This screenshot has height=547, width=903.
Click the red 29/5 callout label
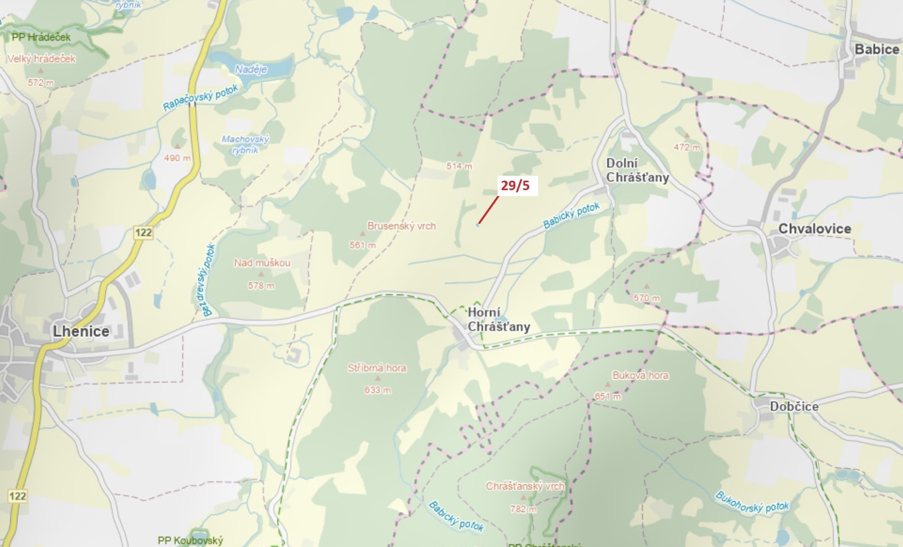(x=515, y=186)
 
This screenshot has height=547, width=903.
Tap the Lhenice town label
(x=81, y=331)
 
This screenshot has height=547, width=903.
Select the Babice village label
(x=877, y=49)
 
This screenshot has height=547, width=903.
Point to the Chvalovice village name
(x=815, y=229)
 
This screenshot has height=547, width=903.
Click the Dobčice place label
(x=794, y=406)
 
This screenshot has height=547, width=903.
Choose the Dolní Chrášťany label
(x=637, y=170)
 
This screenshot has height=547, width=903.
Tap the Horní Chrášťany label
(x=498, y=320)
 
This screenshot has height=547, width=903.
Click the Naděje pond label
(x=251, y=69)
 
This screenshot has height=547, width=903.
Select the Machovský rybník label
(x=245, y=145)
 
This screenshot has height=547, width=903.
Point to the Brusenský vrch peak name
(x=402, y=226)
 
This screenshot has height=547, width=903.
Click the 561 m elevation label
(x=363, y=245)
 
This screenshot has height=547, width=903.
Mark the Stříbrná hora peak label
(x=377, y=368)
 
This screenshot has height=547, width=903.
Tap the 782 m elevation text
(x=524, y=509)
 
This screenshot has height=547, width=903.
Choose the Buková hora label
(x=640, y=375)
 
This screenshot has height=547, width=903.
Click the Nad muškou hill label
(x=262, y=263)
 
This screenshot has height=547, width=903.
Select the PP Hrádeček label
(x=41, y=37)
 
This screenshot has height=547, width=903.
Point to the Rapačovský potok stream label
(x=200, y=97)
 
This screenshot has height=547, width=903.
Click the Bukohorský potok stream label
(x=752, y=502)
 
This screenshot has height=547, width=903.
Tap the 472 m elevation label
(x=687, y=147)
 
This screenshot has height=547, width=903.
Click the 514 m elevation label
(x=459, y=166)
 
